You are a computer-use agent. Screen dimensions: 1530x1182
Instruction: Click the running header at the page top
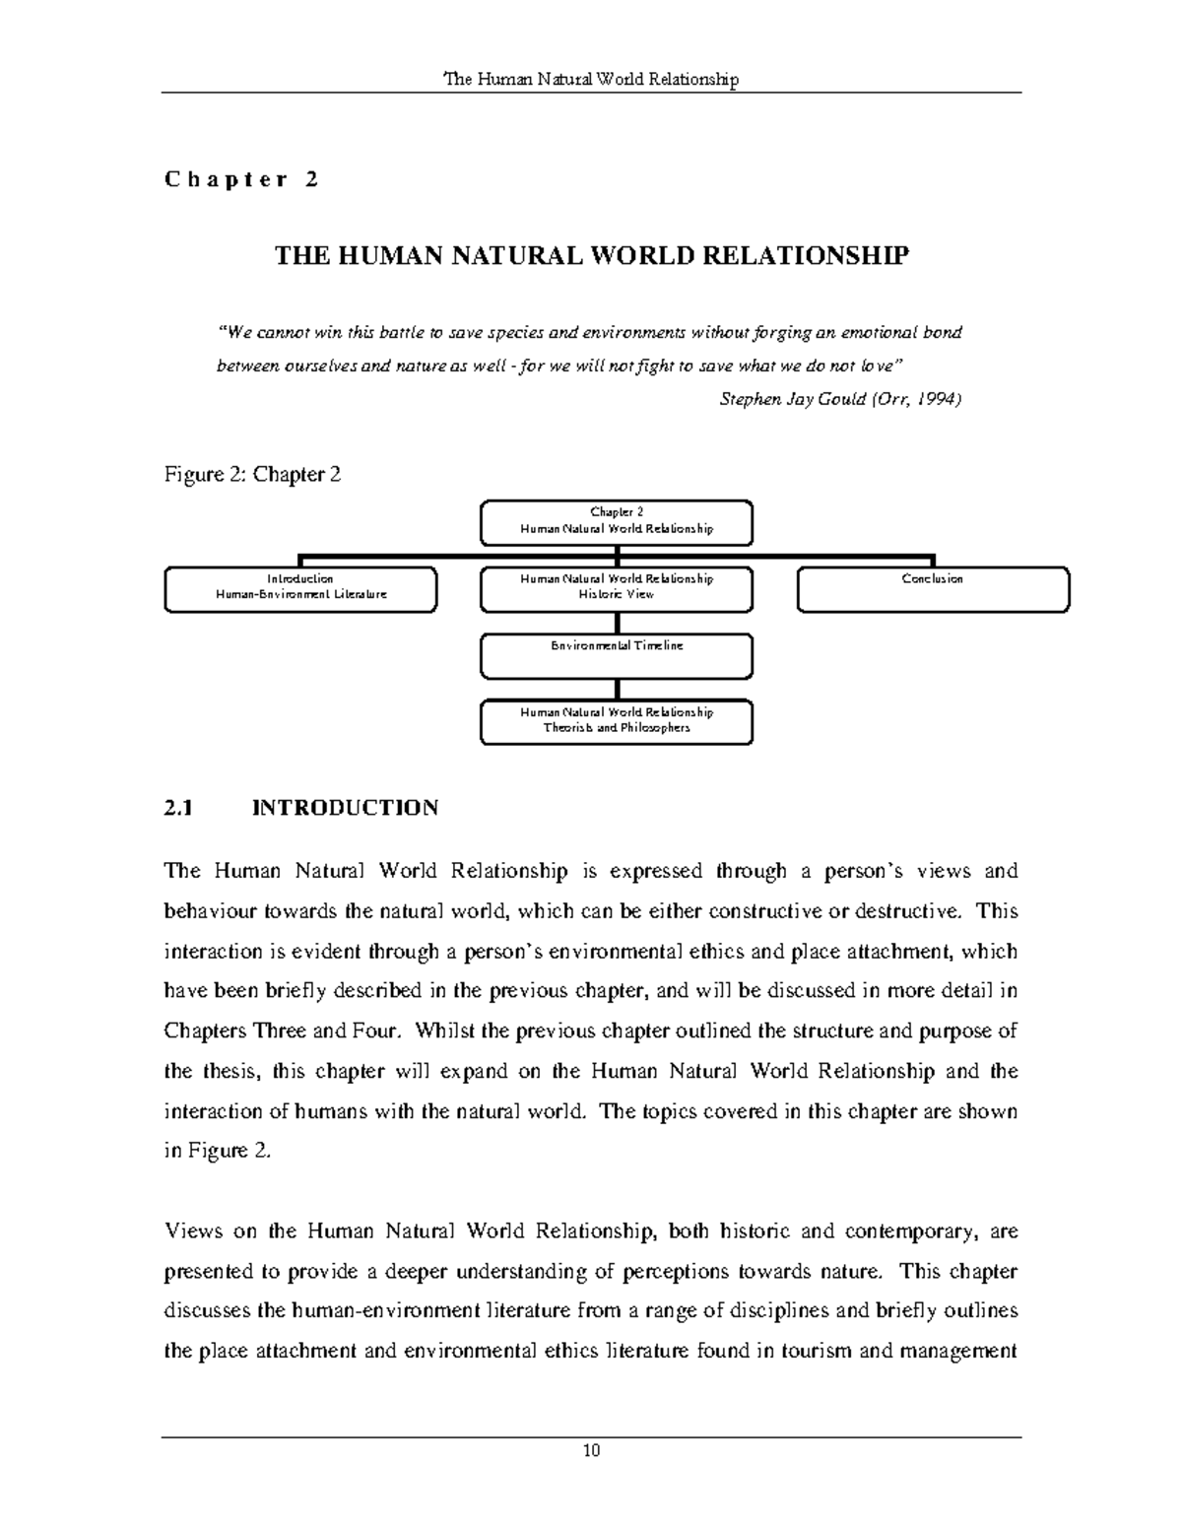591,79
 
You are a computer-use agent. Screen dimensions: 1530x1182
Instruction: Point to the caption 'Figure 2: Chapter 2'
252,475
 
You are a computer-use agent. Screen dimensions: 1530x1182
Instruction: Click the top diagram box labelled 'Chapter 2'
617,522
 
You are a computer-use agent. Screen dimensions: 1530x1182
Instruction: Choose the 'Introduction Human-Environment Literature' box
300,589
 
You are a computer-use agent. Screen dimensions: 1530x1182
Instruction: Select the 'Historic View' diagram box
617,589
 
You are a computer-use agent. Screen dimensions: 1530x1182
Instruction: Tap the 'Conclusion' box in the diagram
932,589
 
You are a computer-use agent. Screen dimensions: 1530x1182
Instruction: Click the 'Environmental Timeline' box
617,655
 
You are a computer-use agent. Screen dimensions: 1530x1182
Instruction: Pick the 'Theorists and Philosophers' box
617,721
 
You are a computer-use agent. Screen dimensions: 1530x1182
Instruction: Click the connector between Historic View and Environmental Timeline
617,623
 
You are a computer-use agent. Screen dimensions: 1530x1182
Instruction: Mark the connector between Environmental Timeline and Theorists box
617,689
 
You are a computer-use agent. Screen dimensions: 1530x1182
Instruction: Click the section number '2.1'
176,809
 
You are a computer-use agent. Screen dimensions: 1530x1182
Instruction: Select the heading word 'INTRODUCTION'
346,809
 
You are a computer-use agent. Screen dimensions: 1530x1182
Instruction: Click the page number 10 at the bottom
591,1450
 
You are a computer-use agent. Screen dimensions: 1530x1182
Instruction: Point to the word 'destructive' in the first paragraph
909,911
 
